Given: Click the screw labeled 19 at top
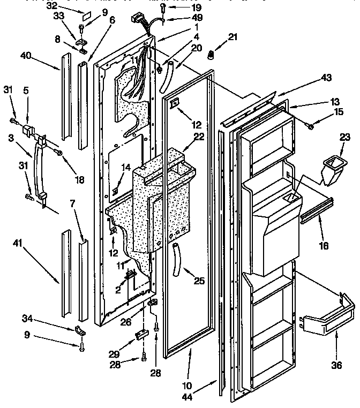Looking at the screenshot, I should tap(162, 8).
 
